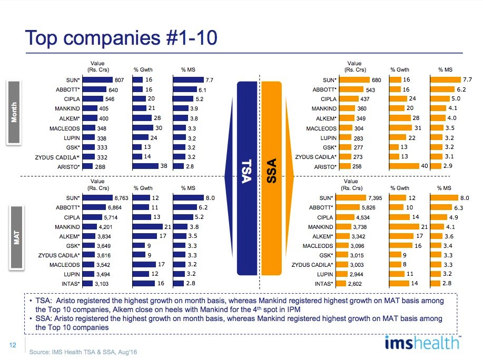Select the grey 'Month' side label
coord(14,112)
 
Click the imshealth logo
coord(422,343)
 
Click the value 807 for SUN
coord(120,80)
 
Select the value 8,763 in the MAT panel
coord(121,198)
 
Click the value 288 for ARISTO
coord(100,166)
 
